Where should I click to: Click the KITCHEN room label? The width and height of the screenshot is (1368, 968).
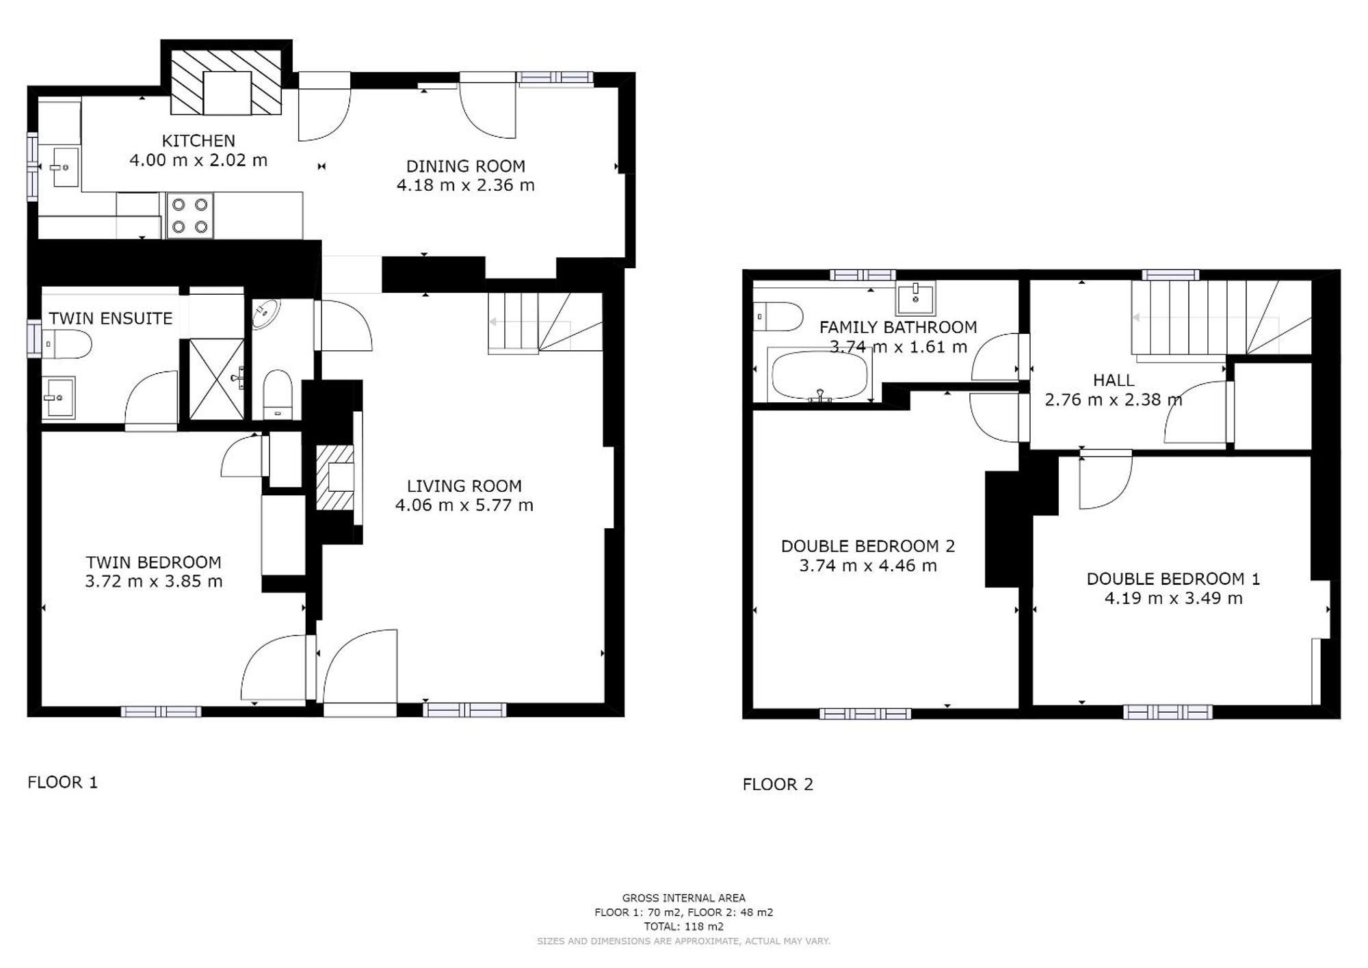point(198,141)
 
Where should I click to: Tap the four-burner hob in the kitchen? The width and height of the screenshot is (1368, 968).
point(189,215)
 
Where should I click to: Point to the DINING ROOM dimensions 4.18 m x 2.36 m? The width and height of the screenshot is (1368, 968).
point(465,185)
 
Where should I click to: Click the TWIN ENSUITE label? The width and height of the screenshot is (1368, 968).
point(111,318)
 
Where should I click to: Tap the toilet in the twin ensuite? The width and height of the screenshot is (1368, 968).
point(67,344)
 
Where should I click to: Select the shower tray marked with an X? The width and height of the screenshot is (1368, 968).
point(216,378)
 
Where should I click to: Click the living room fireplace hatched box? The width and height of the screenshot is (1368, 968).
point(334,478)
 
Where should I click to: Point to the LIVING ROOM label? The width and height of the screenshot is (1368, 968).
point(464,486)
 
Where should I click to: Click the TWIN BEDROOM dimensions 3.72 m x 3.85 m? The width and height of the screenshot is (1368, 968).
point(154,581)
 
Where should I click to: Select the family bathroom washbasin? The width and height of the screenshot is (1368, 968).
point(915,298)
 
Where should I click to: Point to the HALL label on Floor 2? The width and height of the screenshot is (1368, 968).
point(1114,380)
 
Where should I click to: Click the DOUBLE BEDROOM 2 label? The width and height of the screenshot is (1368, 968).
point(868,546)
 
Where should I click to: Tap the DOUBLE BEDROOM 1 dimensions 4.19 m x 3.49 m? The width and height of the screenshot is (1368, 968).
point(1174,599)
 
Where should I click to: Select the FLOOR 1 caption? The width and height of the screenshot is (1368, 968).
point(63,783)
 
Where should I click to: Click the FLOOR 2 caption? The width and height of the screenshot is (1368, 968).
point(778,785)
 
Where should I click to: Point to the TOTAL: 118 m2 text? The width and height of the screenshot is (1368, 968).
point(684,927)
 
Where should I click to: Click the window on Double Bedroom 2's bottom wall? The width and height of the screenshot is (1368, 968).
point(865,714)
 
